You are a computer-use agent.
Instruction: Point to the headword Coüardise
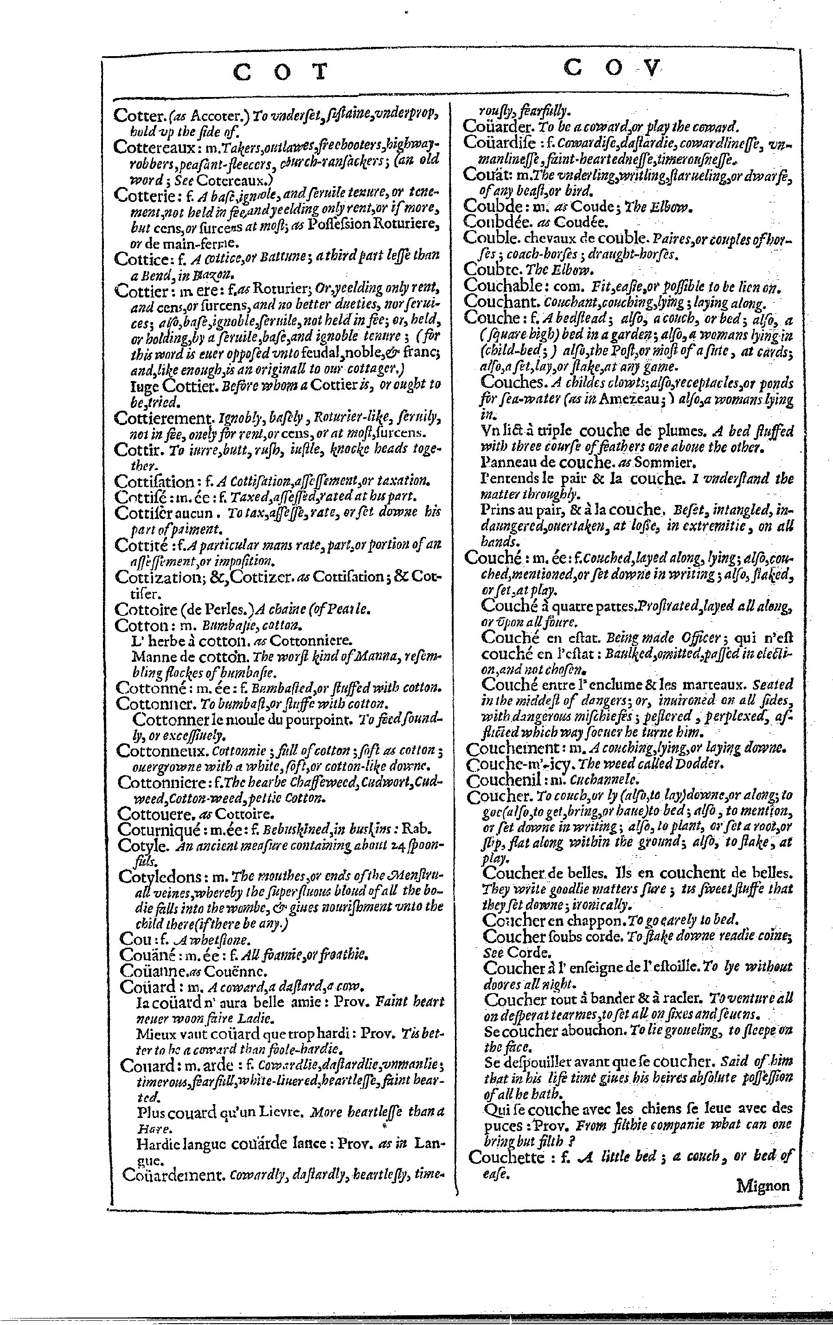498,142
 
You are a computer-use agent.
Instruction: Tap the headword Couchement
513,748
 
